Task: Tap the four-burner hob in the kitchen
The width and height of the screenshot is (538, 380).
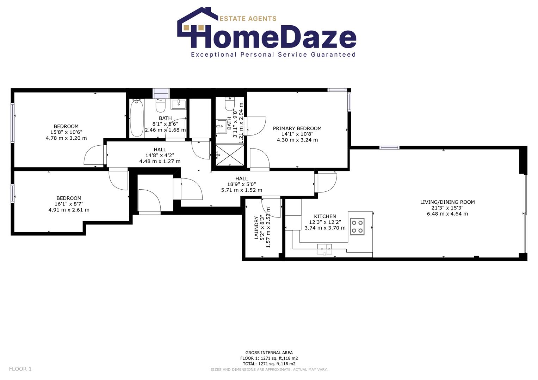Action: point(357,227)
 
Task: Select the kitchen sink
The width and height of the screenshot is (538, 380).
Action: point(324,248)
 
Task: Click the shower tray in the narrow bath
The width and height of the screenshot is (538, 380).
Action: point(229,154)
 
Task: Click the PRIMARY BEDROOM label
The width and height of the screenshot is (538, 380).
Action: point(297,128)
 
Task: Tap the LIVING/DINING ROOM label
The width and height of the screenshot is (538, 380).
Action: point(447,202)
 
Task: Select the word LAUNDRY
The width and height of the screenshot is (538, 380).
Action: point(256,228)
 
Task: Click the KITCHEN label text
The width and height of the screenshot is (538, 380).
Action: point(325,216)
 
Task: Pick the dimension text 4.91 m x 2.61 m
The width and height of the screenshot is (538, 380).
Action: point(69,210)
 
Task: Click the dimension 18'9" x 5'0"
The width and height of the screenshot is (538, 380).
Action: point(241,184)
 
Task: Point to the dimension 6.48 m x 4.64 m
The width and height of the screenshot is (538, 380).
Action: point(447,214)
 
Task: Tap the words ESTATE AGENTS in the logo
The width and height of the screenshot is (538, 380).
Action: point(248,19)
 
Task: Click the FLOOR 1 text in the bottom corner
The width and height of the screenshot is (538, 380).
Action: point(20,369)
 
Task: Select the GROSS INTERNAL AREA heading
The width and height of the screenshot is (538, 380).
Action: point(269,353)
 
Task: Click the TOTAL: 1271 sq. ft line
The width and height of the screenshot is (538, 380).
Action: point(269,364)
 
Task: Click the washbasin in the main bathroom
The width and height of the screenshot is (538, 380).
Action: point(179,104)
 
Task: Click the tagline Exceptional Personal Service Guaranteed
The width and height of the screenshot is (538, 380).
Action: point(273,55)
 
